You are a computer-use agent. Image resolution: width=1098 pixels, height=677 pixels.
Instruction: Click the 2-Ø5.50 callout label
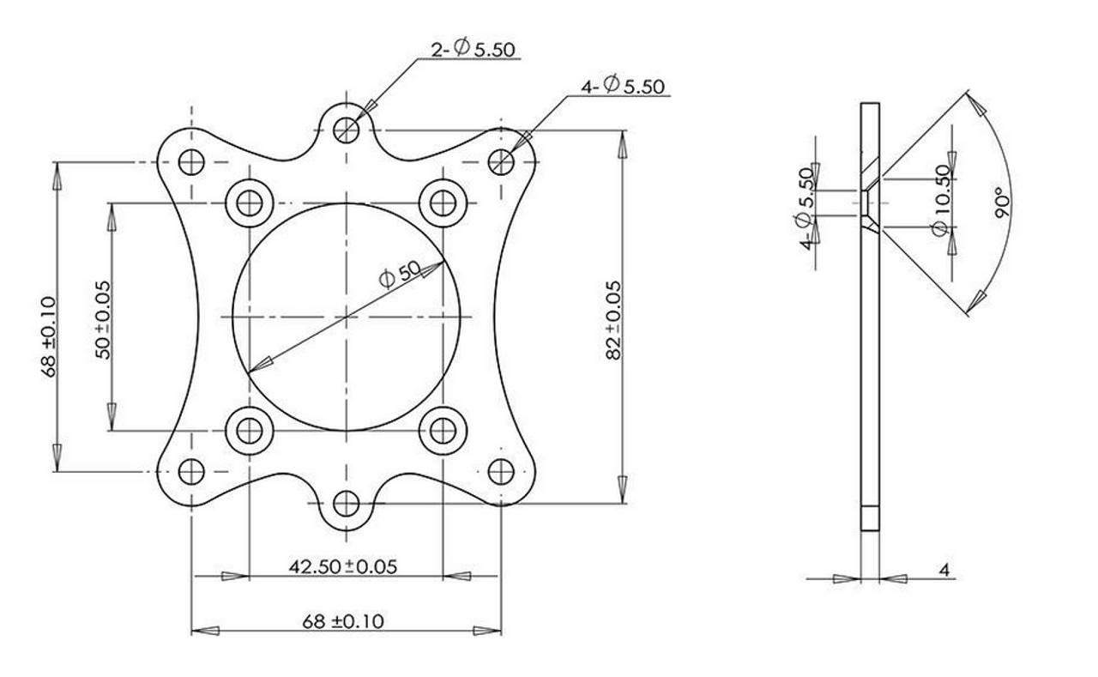point(473,50)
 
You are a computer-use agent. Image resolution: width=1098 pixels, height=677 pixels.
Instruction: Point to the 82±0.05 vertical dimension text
point(612,318)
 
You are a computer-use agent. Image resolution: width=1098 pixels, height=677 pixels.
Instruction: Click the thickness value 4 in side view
point(944,569)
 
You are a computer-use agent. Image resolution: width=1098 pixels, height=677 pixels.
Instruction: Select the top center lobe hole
point(347,129)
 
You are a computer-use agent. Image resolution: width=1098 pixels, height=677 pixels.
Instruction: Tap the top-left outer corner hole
point(191,161)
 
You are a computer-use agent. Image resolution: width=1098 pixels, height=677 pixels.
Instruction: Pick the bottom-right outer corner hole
point(501,471)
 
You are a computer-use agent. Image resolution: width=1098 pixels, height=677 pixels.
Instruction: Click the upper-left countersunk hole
point(250,203)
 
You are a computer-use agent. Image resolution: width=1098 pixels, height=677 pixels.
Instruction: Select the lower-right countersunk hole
point(443,429)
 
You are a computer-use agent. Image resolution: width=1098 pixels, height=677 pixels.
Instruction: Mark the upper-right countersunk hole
point(443,203)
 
